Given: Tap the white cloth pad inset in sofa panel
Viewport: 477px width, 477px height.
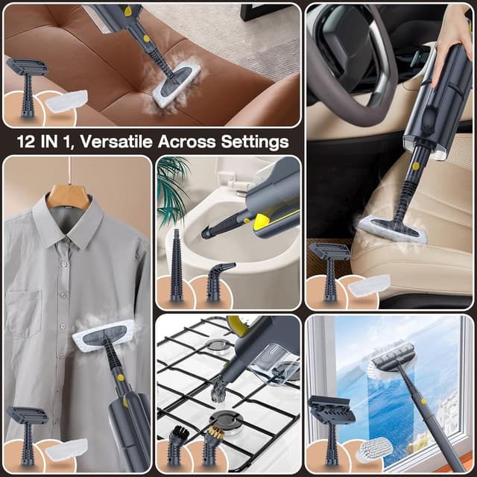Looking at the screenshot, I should tap(66, 101).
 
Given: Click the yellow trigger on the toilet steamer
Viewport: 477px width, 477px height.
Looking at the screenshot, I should tap(262, 222).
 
